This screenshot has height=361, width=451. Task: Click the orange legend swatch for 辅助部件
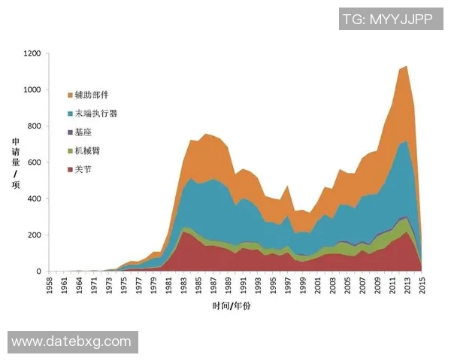click(71, 96)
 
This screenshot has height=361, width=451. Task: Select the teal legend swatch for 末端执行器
click(71, 114)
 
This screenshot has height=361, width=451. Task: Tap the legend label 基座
click(83, 132)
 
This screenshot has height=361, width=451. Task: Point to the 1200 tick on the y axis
click(32, 54)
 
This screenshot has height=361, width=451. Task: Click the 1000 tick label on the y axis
click(32, 90)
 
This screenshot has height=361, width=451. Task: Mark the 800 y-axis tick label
click(35, 126)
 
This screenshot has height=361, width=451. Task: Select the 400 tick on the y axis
click(35, 199)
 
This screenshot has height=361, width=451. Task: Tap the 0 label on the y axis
click(39, 272)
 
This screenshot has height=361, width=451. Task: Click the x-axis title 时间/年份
click(232, 307)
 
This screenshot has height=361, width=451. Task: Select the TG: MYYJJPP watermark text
click(386, 20)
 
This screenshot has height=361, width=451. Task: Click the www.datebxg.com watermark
click(72, 342)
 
